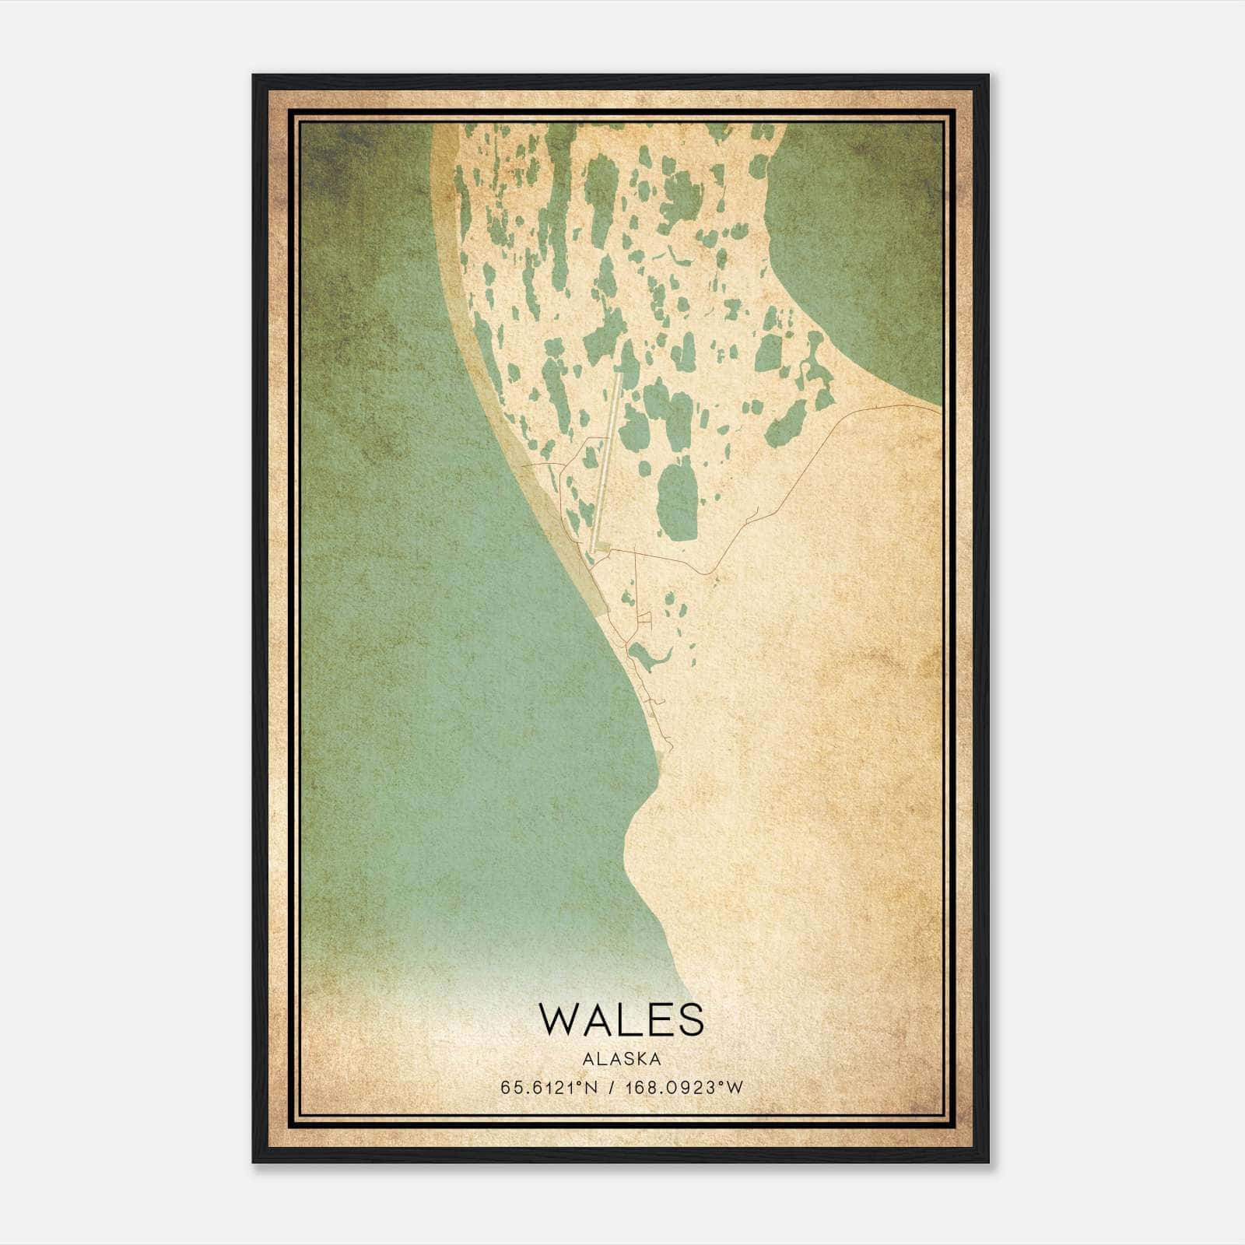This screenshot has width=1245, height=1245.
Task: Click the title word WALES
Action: click(x=620, y=1019)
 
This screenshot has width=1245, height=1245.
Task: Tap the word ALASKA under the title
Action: click(x=620, y=1059)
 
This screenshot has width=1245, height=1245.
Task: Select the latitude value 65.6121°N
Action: click(x=549, y=1088)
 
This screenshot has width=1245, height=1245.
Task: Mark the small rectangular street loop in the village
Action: click(x=644, y=620)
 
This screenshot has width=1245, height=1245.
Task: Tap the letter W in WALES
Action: click(x=560, y=1019)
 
